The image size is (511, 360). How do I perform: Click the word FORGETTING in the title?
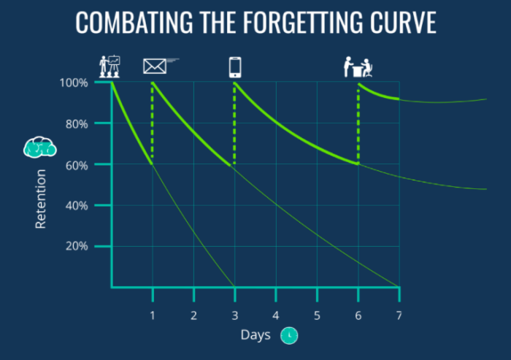coord(303,23)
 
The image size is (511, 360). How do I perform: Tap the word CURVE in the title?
coord(404,23)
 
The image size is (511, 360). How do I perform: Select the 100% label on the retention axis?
coord(74,83)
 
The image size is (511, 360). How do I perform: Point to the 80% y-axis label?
coord(77,124)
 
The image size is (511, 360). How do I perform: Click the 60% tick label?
coord(77,165)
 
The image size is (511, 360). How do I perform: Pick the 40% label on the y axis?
coord(77,206)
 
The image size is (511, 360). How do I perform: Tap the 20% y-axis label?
coord(77,246)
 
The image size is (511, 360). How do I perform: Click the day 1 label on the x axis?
coord(152,315)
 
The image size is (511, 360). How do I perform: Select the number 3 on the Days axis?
coord(234,315)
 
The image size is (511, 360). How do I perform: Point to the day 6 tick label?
coord(358,315)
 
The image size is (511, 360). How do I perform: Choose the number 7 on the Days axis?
coord(399,315)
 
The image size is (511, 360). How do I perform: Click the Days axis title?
coord(255,335)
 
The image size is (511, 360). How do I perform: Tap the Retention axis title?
coord(40,199)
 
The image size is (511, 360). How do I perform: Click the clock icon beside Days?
coord(289,335)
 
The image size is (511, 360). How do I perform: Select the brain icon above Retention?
coord(39,147)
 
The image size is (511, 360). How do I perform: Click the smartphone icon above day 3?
coord(235,67)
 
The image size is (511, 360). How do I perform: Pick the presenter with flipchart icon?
coord(109,66)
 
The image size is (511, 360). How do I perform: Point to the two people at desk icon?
coord(358,67)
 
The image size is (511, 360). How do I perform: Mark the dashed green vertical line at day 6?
coord(358,124)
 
